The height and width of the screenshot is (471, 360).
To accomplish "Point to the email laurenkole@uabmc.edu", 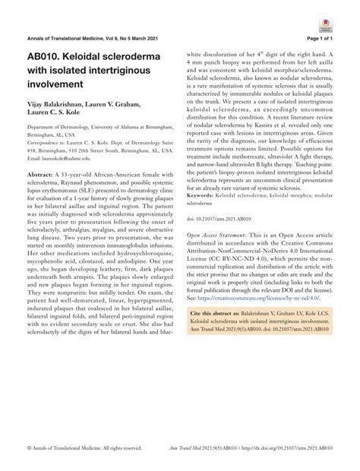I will point(65,158).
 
